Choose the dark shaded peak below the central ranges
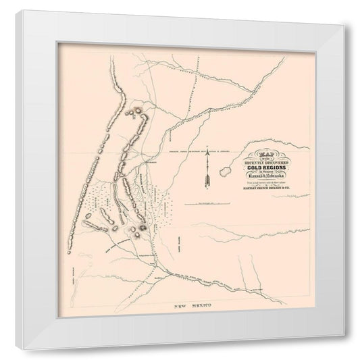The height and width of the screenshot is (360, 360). pyautogui.click(x=141, y=230)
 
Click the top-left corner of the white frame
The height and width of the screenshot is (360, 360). pyautogui.click(x=23, y=12)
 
